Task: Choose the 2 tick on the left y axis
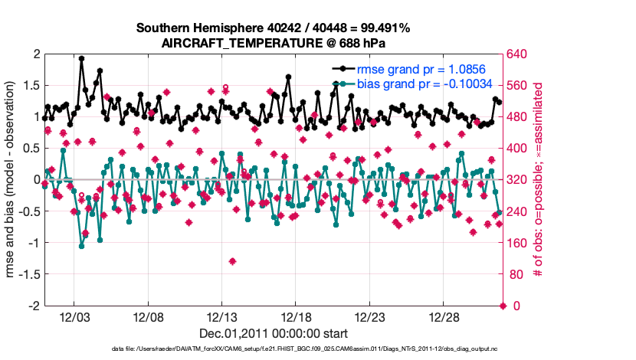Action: (x=35, y=54)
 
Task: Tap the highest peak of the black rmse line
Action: (x=81, y=58)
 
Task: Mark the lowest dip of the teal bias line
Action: (x=81, y=246)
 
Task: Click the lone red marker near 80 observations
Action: (x=232, y=261)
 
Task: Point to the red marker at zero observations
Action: (x=503, y=306)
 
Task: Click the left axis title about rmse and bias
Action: (x=13, y=179)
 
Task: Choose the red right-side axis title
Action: (x=539, y=179)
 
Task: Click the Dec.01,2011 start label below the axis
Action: (x=274, y=333)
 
